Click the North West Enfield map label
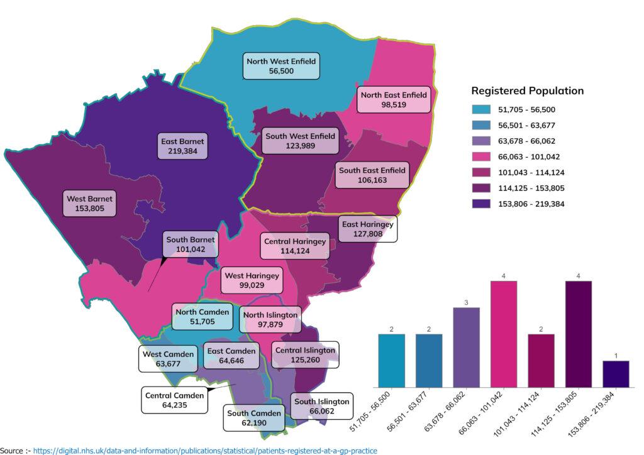click(281, 66)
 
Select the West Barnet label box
click(89, 204)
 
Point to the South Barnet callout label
click(191, 244)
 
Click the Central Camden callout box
click(174, 400)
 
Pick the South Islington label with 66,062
click(321, 407)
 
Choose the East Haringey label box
click(367, 229)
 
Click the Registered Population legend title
click(527, 90)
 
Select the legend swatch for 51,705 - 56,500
click(481, 109)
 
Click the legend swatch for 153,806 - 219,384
click(481, 203)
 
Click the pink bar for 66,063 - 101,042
click(503, 334)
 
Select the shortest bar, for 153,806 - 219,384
click(616, 374)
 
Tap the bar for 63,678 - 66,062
click(466, 347)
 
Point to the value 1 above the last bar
click(616, 355)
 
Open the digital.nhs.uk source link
click(205, 450)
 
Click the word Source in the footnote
click(12, 450)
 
